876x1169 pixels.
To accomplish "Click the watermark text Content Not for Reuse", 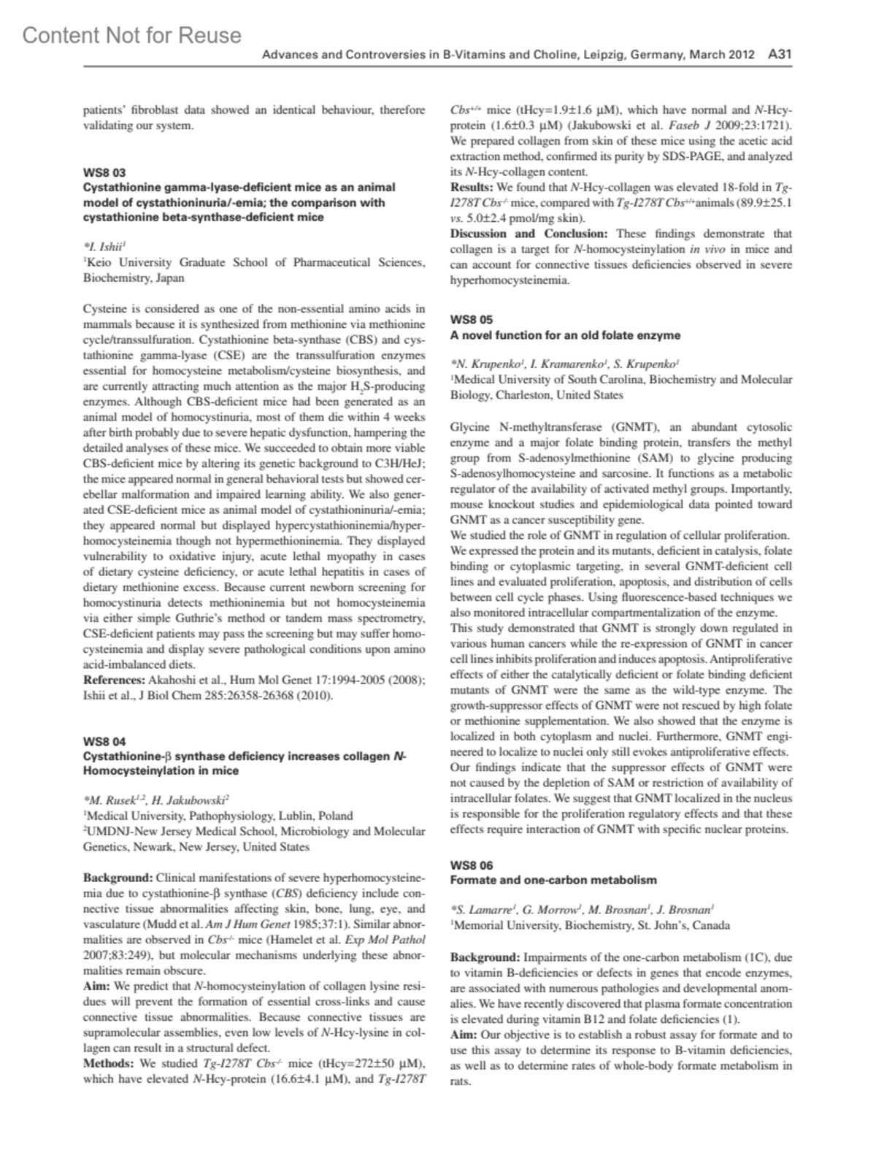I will click(x=131, y=35).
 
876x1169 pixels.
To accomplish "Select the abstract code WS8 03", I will click(x=104, y=173).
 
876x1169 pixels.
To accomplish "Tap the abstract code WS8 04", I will click(x=104, y=742).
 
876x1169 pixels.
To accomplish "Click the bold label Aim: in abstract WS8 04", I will click(x=96, y=986).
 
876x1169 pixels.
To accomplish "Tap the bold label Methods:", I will click(x=109, y=1063).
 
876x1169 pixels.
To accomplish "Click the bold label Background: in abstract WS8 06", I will click(x=485, y=957).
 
